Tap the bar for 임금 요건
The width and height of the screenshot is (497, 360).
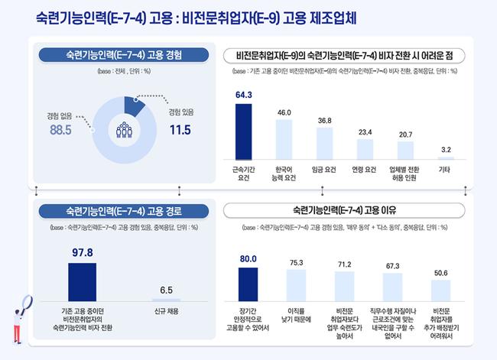pyautogui.click(x=325, y=143)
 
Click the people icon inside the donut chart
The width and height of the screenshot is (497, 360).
pyautogui.click(x=124, y=129)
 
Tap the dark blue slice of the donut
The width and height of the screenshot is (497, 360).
pyautogui.click(x=133, y=105)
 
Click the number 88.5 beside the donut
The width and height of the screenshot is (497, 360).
pyautogui.click(x=61, y=130)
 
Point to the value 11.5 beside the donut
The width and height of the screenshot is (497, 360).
pyautogui.click(x=180, y=129)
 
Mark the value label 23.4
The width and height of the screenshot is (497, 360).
pyautogui.click(x=365, y=132)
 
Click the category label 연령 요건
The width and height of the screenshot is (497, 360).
pyautogui.click(x=365, y=170)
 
